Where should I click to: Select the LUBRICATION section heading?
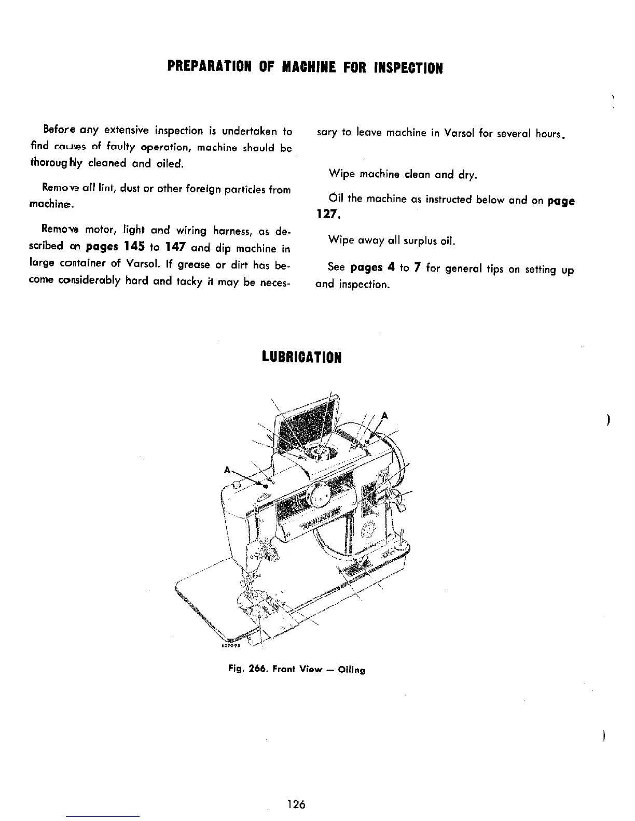click(301, 358)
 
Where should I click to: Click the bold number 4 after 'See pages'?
click(391, 268)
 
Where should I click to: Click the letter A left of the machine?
click(227, 470)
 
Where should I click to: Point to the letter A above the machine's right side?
click(384, 415)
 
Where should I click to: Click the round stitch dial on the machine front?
click(317, 497)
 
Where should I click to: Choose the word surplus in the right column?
click(420, 241)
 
